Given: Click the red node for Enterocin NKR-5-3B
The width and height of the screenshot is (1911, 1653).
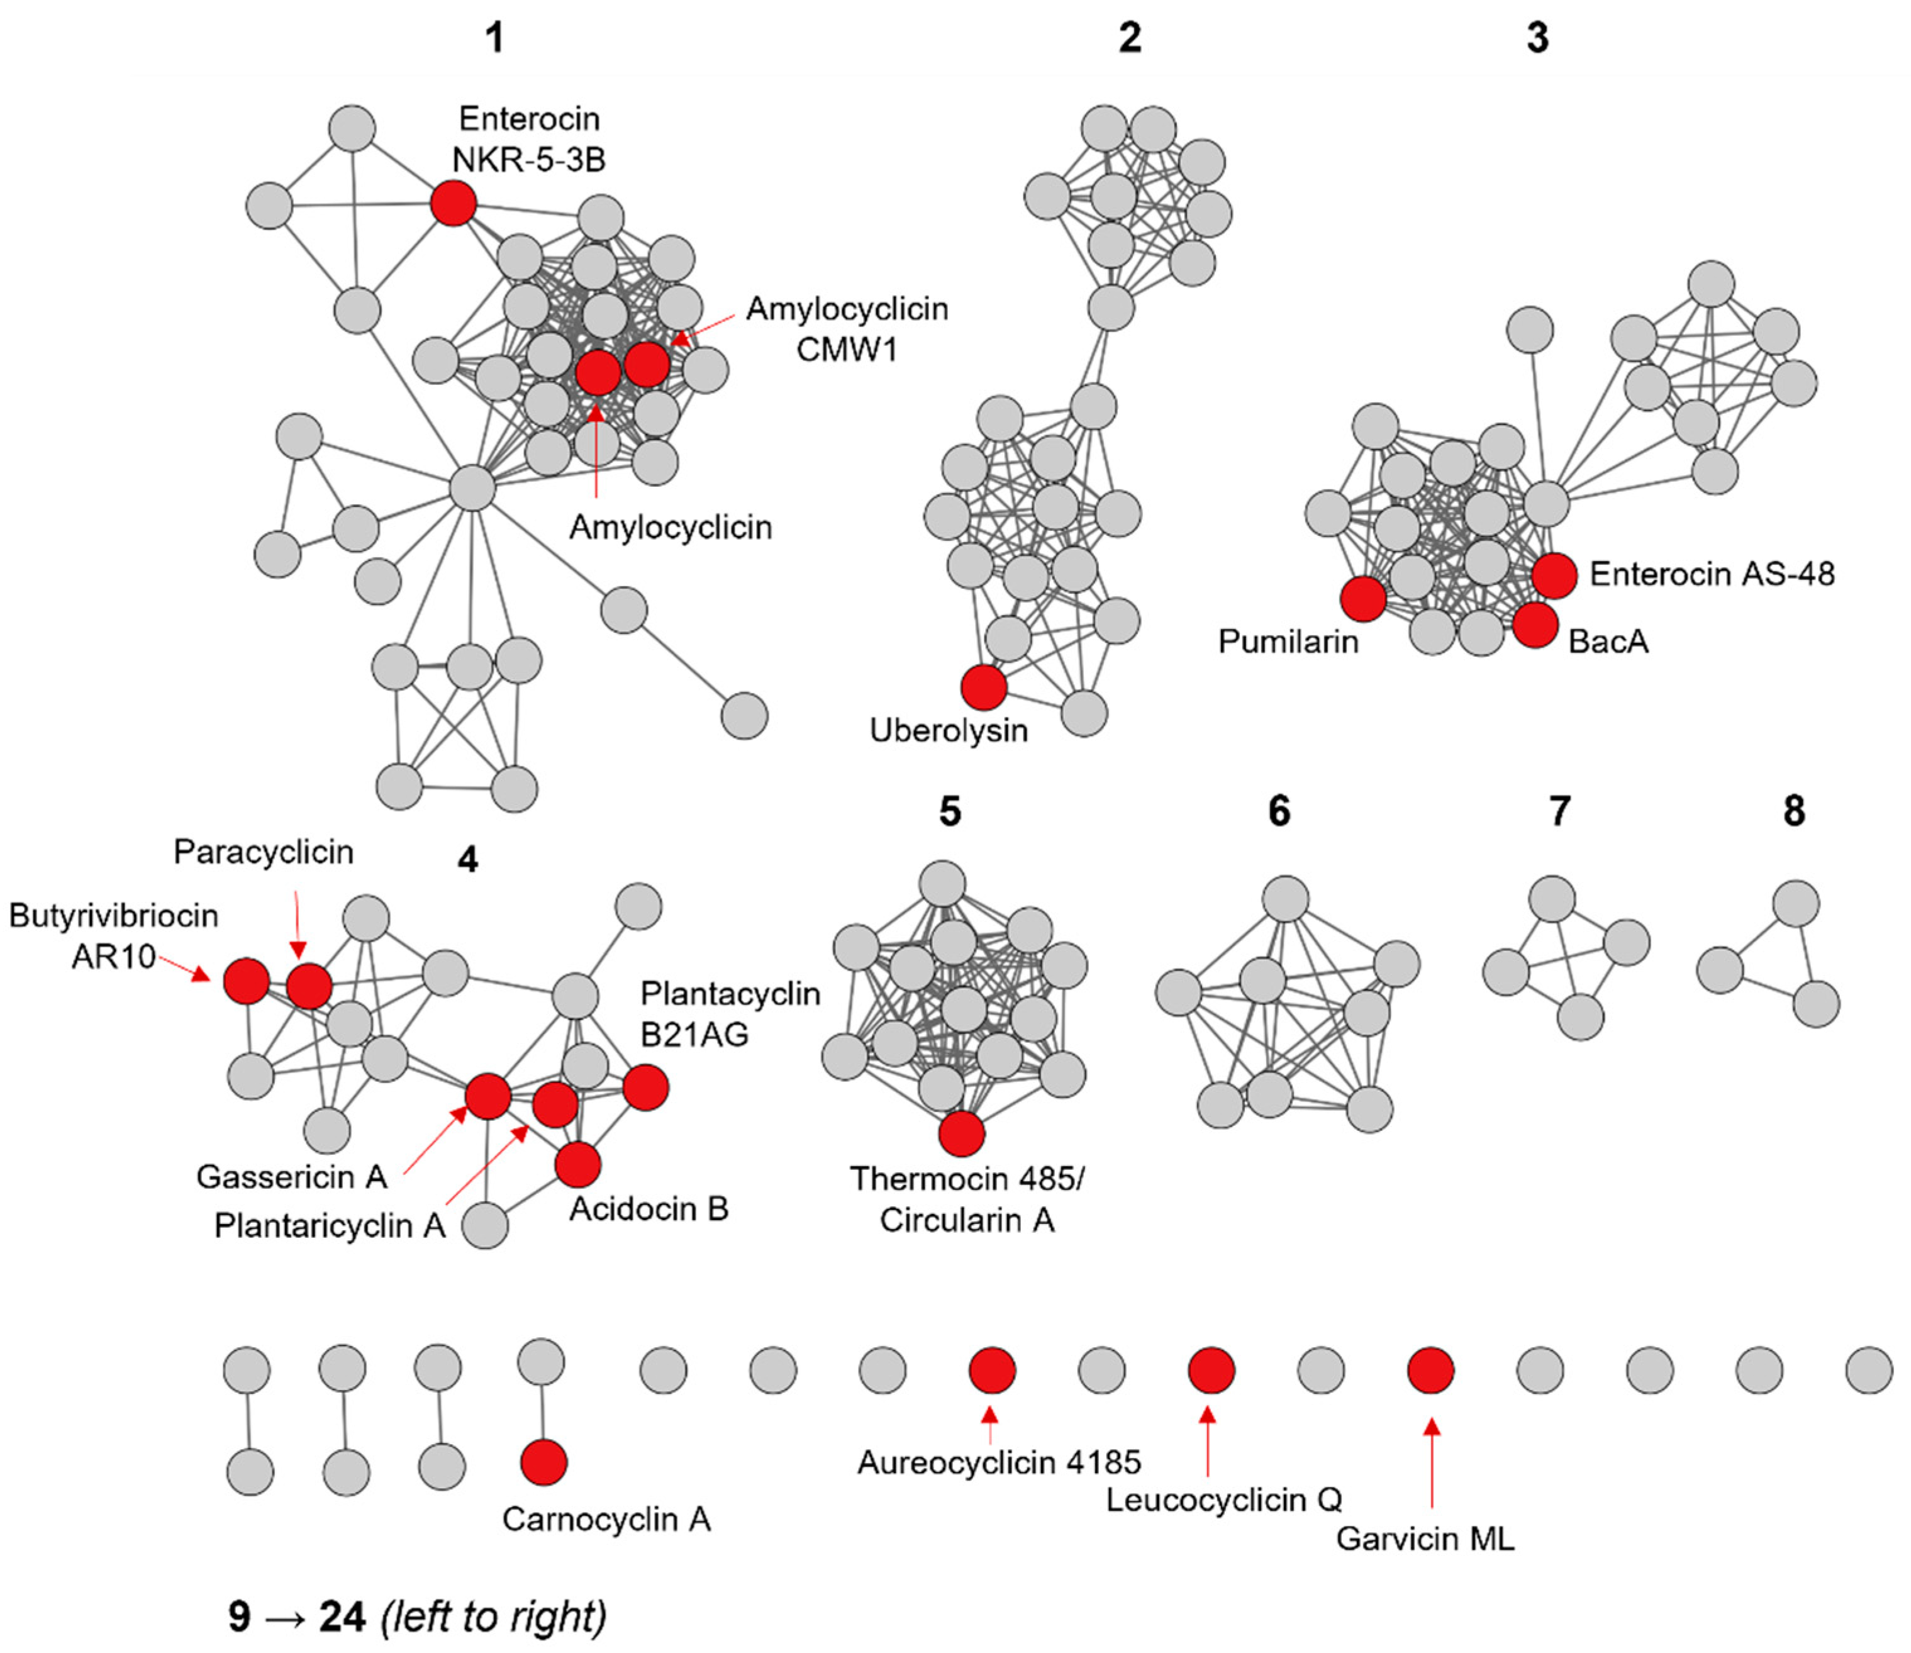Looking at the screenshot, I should click(x=454, y=203).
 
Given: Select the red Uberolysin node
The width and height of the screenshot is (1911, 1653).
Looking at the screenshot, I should click(x=983, y=687).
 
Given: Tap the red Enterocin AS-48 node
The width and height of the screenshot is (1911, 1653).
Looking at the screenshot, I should click(x=1555, y=575).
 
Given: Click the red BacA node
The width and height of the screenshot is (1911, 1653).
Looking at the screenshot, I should click(x=1535, y=625).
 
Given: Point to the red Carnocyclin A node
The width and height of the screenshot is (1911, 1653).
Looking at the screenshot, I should click(x=544, y=1462).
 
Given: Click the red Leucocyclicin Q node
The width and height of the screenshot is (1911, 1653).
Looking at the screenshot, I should click(x=1211, y=1370).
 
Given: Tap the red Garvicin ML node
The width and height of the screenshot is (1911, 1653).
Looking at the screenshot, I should click(x=1430, y=1370).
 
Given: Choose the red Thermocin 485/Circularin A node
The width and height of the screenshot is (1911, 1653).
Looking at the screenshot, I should click(x=962, y=1133).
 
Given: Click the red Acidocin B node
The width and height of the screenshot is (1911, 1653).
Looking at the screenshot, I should click(x=578, y=1164).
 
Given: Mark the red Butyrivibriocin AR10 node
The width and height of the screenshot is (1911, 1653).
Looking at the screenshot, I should click(x=246, y=979).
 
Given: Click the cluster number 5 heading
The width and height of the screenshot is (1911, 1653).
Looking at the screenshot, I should click(x=950, y=812).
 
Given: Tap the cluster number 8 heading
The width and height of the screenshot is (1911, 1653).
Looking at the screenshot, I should click(x=1794, y=811).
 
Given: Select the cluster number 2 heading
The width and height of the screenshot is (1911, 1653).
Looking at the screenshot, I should click(x=1130, y=38).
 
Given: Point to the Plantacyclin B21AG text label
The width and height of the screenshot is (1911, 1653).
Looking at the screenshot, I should click(x=730, y=1014).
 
